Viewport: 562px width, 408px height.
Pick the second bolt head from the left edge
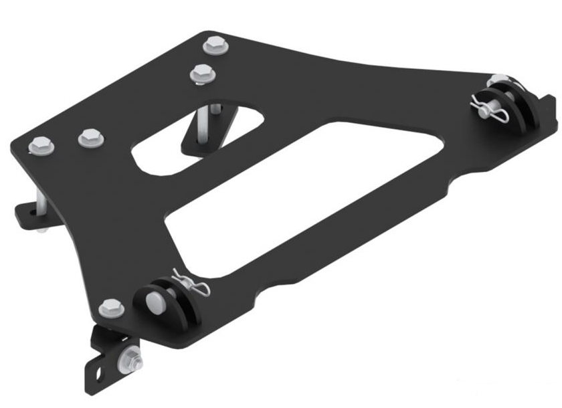[91, 138]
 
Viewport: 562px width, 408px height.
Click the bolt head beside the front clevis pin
[111, 308]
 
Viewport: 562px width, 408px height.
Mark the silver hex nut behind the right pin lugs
[496, 82]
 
